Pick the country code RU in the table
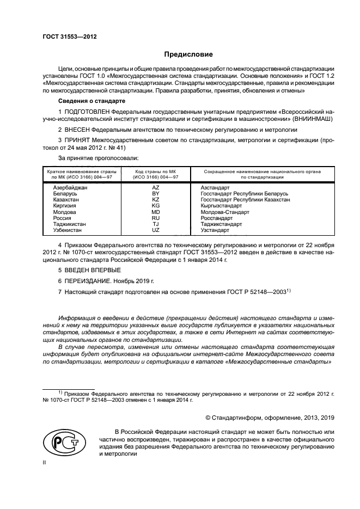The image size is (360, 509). click(155, 218)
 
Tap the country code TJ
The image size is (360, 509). click(155, 224)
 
